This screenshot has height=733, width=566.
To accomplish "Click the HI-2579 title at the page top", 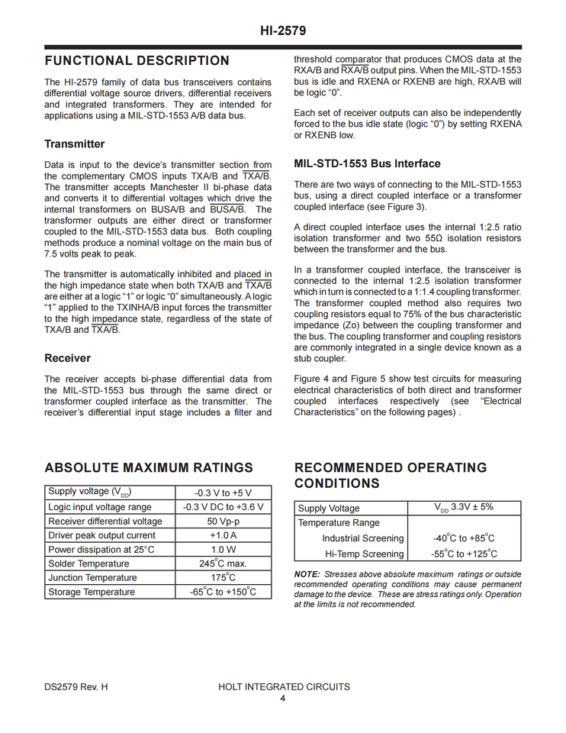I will pyautogui.click(x=282, y=31).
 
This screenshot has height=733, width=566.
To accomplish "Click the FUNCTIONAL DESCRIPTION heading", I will pyautogui.click(x=137, y=61).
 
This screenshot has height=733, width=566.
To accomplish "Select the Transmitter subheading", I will pyautogui.click(x=75, y=144).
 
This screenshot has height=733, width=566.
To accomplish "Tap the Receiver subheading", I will pyautogui.click(x=67, y=358).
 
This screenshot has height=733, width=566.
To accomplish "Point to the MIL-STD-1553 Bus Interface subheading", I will pyautogui.click(x=367, y=164).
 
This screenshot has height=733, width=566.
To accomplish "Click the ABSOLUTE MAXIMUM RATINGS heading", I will pyautogui.click(x=149, y=468).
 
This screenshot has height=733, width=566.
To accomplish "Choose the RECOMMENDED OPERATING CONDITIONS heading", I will pyautogui.click(x=390, y=476).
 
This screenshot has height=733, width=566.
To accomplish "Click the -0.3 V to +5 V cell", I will pyautogui.click(x=223, y=493).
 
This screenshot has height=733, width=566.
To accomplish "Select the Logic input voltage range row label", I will pyautogui.click(x=100, y=507).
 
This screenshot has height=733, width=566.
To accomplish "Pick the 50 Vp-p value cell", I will pyautogui.click(x=223, y=521).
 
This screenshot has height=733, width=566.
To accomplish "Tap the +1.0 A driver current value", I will pyautogui.click(x=223, y=535).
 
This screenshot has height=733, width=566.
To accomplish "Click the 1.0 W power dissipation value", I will pyautogui.click(x=223, y=550).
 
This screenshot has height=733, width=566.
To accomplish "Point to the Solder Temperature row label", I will pyautogui.click(x=88, y=563).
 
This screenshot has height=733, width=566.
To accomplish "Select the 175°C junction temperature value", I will pyautogui.click(x=223, y=578).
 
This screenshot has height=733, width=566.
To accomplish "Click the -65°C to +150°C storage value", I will pyautogui.click(x=223, y=592).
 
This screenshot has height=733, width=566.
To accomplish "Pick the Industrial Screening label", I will pyautogui.click(x=362, y=539).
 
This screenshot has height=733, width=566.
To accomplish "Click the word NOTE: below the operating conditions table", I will pyautogui.click(x=307, y=574).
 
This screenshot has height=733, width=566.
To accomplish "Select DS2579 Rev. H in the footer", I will pyautogui.click(x=76, y=687).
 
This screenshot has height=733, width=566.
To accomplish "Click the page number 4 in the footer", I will pyautogui.click(x=283, y=699).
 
